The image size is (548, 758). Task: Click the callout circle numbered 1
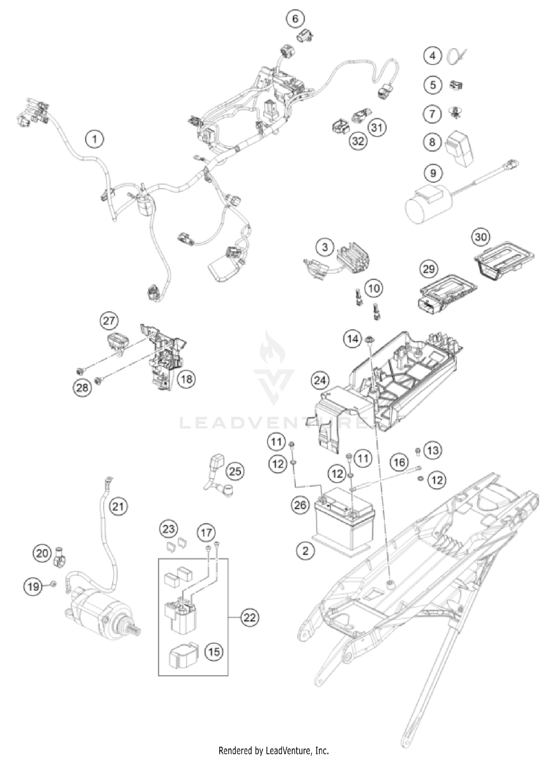(95, 139)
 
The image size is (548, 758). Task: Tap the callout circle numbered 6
(295, 18)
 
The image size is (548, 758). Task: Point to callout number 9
(433, 173)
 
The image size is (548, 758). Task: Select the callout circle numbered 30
(480, 237)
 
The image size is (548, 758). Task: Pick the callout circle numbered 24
(320, 381)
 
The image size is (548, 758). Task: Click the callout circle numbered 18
(186, 379)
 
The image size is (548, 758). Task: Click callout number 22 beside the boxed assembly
(250, 618)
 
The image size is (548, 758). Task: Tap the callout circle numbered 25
(235, 471)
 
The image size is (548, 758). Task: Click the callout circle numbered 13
(433, 450)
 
